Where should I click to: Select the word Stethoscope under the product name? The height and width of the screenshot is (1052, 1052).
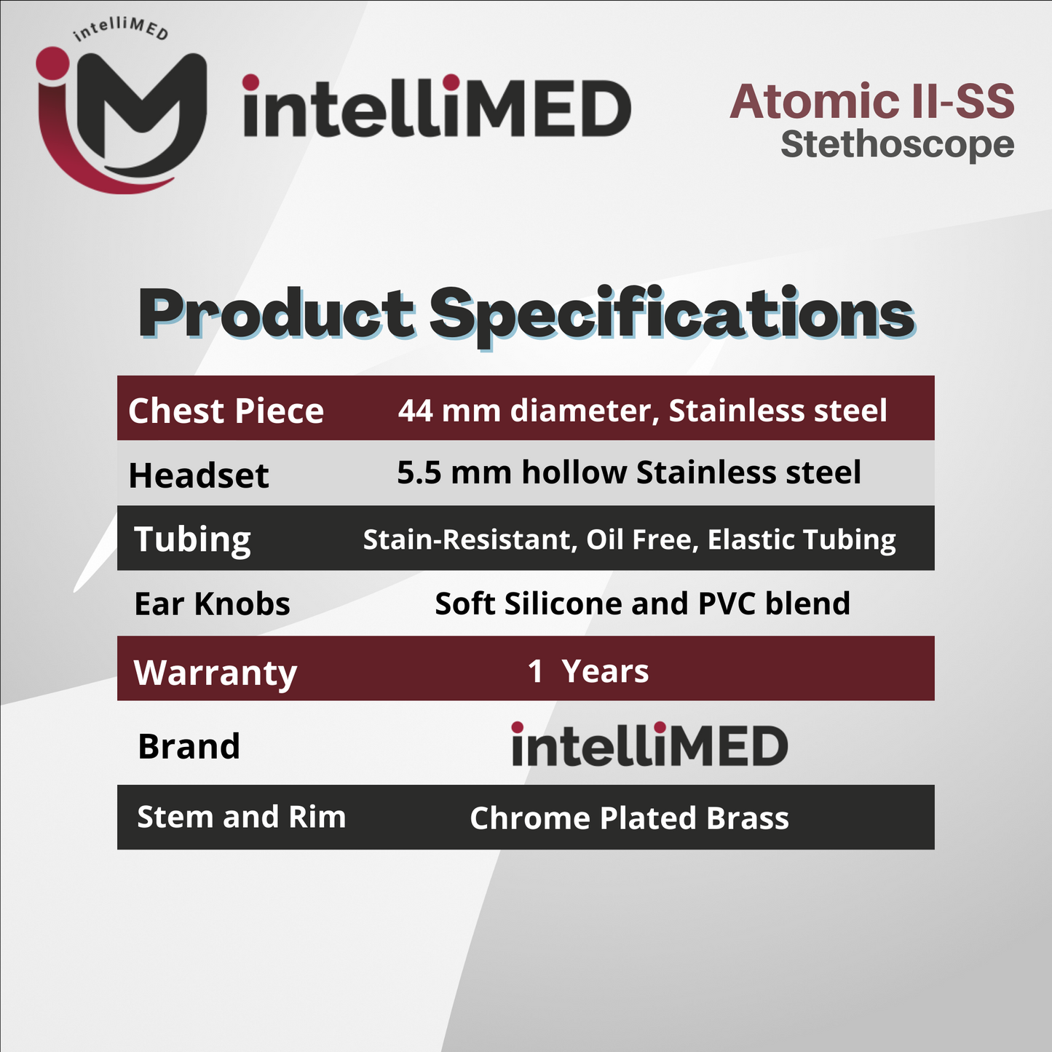pyautogui.click(x=897, y=144)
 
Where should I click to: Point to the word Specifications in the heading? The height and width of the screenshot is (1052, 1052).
pyautogui.click(x=671, y=315)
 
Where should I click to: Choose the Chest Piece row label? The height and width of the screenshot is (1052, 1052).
pyautogui.click(x=226, y=411)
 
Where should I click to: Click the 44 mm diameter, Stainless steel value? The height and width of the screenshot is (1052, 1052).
pyautogui.click(x=642, y=411)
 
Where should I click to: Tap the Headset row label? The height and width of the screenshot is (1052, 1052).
pyautogui.click(x=199, y=475)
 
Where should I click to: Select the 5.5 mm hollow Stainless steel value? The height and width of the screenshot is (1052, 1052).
pyautogui.click(x=629, y=472)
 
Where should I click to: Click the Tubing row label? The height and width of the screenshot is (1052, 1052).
pyautogui.click(x=192, y=539)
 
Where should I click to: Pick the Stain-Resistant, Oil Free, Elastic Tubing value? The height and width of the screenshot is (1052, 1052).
pyautogui.click(x=629, y=539)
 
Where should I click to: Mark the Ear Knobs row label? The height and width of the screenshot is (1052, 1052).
pyautogui.click(x=212, y=604)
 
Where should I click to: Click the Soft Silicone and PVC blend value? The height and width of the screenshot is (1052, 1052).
pyautogui.click(x=642, y=604)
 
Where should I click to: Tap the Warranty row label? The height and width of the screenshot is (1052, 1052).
pyautogui.click(x=215, y=672)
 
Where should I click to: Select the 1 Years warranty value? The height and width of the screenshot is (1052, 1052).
pyautogui.click(x=588, y=671)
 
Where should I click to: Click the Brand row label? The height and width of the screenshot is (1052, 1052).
pyautogui.click(x=189, y=746)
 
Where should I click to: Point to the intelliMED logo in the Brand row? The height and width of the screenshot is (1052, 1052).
pyautogui.click(x=649, y=744)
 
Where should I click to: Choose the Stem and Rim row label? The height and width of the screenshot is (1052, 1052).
pyautogui.click(x=241, y=817)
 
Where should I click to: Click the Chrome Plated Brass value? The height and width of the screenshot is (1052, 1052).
pyautogui.click(x=629, y=818)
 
